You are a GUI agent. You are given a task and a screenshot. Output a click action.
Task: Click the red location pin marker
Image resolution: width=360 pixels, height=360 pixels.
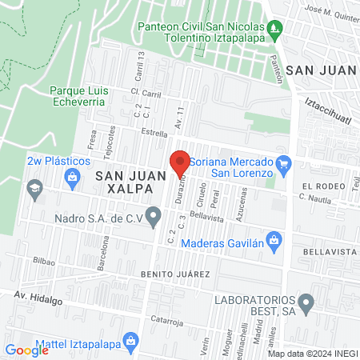click(180, 163)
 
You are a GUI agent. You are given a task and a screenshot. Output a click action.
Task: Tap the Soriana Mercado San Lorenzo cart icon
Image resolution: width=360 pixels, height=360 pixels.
click(282, 162)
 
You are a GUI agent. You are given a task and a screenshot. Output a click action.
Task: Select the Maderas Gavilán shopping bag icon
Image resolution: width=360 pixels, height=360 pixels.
click(274, 238)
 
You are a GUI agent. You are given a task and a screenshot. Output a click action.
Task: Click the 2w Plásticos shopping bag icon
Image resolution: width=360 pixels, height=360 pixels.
click(74, 176)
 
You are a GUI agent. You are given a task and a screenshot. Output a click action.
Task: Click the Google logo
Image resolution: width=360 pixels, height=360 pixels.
click(26, 350)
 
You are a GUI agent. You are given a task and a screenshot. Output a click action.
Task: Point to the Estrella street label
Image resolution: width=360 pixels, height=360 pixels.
click(154, 133)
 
